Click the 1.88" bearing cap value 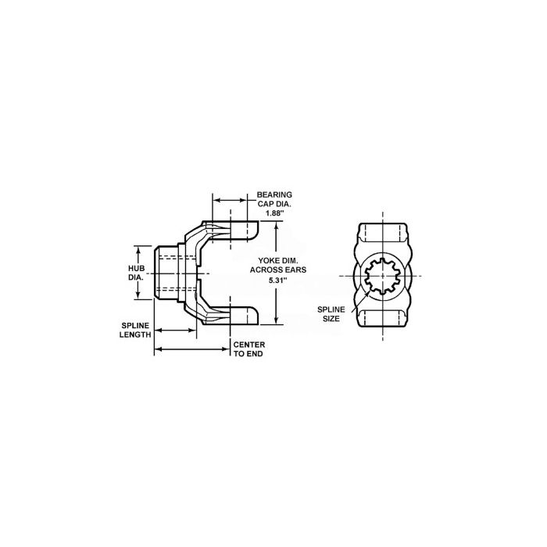click(x=273, y=213)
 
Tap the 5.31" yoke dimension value click(x=279, y=279)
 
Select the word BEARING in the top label click(x=274, y=195)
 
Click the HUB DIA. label click(x=136, y=273)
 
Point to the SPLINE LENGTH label click(x=135, y=330)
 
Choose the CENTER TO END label click(x=249, y=349)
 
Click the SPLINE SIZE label click(x=331, y=314)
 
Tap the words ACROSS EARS click(x=278, y=270)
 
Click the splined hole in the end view click(x=383, y=275)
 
